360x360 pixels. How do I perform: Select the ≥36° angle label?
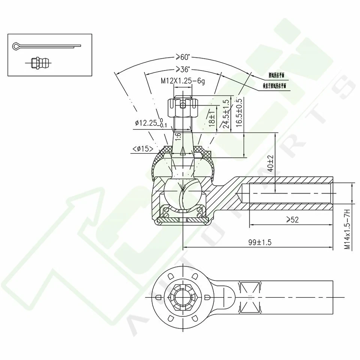pyautogui.click(x=183, y=69)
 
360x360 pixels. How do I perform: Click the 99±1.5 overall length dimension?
pyautogui.click(x=259, y=242)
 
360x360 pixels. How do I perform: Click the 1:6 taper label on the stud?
pyautogui.click(x=178, y=137)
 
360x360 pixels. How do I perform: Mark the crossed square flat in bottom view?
pyautogui.click(x=249, y=296)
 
